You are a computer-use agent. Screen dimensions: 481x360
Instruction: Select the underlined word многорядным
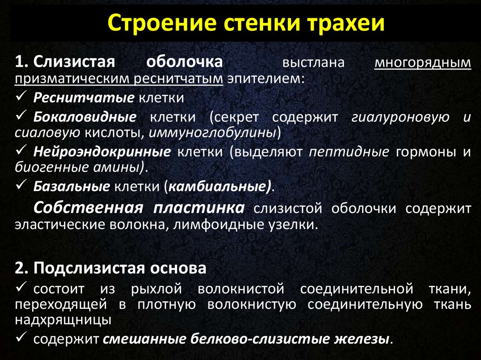(423, 62)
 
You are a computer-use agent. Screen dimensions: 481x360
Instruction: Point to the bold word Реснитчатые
(84, 98)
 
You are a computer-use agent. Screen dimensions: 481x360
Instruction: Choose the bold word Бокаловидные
(85, 117)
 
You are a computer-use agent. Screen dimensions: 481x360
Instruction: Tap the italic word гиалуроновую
(400, 117)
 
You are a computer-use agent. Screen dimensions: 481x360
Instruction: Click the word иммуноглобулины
(213, 133)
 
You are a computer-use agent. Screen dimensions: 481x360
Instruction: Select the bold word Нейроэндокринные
(102, 152)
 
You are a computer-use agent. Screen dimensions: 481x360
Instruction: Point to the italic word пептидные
(349, 152)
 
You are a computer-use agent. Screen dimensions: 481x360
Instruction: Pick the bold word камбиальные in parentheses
(218, 186)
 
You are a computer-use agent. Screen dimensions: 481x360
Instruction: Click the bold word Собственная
(88, 208)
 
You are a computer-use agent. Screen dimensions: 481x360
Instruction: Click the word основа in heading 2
(178, 268)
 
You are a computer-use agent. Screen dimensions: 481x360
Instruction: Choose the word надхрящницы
(63, 320)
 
